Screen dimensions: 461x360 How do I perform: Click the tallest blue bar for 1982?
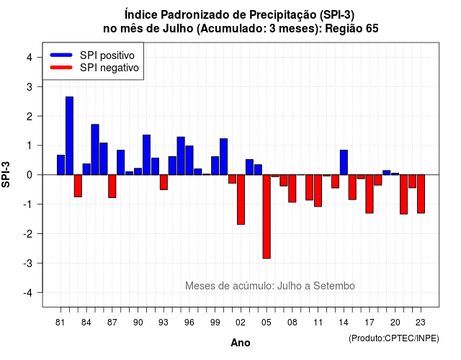(x=69, y=136)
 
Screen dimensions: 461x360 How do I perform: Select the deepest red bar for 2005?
(x=267, y=217)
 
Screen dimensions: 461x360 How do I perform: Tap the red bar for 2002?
(x=241, y=199)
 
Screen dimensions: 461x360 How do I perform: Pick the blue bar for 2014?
(x=344, y=163)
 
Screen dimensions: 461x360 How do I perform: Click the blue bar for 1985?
(x=95, y=150)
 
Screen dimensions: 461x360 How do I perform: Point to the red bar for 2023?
(x=421, y=194)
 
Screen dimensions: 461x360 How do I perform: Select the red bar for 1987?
(x=112, y=186)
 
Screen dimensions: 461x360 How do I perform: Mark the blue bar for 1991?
(x=146, y=155)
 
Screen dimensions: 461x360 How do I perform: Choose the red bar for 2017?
(x=370, y=194)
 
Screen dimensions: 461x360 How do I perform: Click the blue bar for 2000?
(x=224, y=157)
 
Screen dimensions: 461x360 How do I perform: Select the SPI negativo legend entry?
(x=94, y=68)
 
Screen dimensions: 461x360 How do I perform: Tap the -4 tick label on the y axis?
(x=28, y=293)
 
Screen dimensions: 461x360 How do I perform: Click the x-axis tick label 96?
(x=189, y=323)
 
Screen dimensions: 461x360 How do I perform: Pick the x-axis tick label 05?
(x=267, y=323)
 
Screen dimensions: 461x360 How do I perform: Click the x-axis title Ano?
(x=241, y=343)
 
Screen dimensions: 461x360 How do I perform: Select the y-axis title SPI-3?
(x=6, y=174)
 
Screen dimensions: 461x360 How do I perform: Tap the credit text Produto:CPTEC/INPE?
(x=394, y=338)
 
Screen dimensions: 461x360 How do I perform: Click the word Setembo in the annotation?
(x=334, y=286)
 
